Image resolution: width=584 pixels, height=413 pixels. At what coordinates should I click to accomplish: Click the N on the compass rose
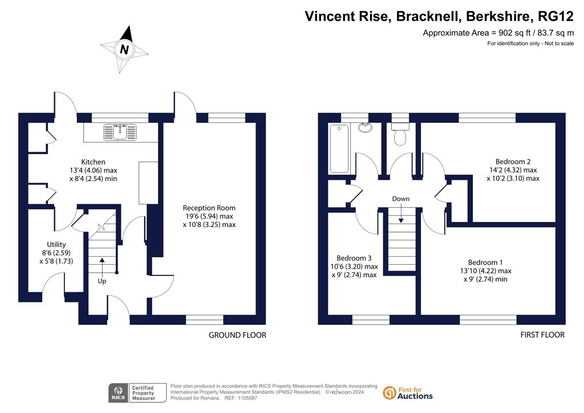124,50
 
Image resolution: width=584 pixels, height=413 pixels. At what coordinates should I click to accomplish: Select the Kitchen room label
93,162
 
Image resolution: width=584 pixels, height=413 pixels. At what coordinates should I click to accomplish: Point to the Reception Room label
209,208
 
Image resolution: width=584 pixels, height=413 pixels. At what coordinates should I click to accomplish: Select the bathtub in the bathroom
339,148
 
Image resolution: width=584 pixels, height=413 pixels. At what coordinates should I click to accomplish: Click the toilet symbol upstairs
400,136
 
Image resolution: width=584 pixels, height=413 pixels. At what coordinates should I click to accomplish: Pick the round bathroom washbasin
366,127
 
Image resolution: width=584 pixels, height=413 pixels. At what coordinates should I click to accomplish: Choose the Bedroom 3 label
355,258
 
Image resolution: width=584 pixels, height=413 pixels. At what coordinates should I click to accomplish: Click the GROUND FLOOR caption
237,335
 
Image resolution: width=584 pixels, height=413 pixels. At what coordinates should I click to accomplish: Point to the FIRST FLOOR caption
542,335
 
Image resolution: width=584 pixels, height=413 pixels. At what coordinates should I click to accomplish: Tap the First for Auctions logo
408,393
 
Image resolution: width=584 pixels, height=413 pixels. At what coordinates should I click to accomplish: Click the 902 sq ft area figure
512,33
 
